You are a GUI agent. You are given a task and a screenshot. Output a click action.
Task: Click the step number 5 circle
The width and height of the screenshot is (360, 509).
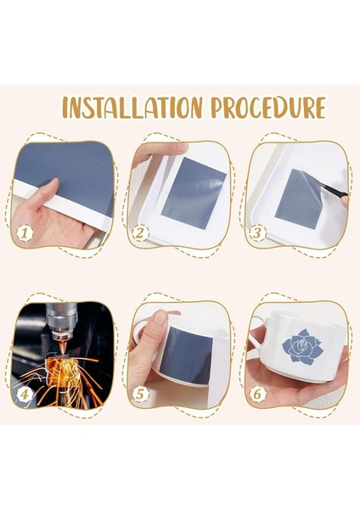(x=141, y=394)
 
